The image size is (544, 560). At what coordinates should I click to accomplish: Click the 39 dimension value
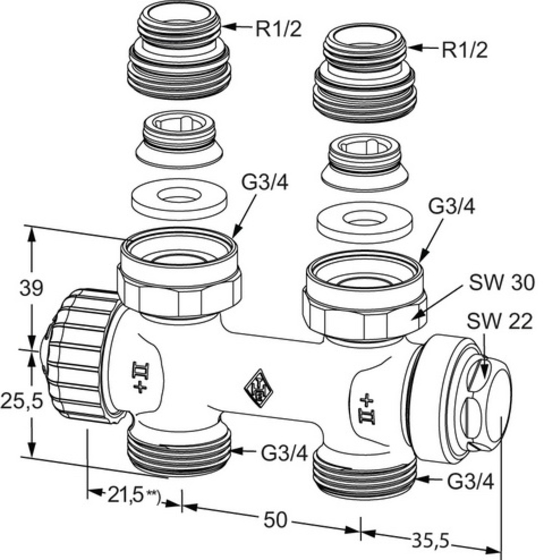tap(31, 288)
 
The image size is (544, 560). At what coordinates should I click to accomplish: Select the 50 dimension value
tap(275, 520)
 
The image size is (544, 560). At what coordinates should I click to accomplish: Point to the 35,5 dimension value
tap(430, 541)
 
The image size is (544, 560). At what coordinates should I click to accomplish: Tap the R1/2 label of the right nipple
tap(465, 50)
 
